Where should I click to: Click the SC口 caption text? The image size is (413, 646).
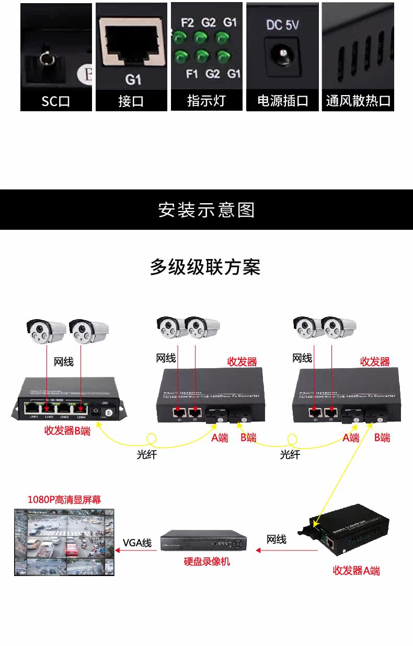tap(56, 101)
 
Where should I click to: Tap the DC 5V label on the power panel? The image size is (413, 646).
tap(282, 25)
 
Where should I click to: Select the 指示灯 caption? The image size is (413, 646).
tap(206, 100)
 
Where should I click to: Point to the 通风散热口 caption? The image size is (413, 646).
tap(358, 101)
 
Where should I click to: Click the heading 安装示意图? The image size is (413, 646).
tap(206, 210)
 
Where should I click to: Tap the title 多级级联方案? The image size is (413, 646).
tap(205, 267)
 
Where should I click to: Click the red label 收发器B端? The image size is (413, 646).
tap(67, 431)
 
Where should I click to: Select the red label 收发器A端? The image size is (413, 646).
tap(356, 570)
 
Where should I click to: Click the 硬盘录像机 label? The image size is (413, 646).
tap(206, 562)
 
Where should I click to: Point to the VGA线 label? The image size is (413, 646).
tap(137, 543)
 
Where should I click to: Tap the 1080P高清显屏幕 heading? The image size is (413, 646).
tap(64, 500)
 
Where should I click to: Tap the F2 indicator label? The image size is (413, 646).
tap(187, 23)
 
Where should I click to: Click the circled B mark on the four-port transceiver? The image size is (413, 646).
tap(109, 414)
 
